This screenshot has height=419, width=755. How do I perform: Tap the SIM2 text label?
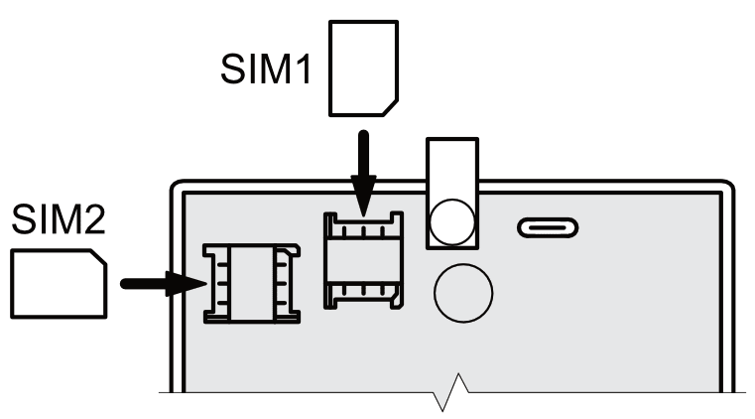pyautogui.click(x=57, y=220)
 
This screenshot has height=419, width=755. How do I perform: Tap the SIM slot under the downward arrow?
pyautogui.click(x=365, y=257)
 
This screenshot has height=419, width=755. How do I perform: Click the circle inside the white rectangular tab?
pyautogui.click(x=452, y=217)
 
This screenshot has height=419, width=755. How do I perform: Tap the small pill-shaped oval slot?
pyautogui.click(x=549, y=229)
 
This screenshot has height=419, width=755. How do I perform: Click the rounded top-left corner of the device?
pyautogui.click(x=179, y=189)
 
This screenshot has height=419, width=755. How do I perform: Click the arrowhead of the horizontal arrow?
pyautogui.click(x=189, y=284)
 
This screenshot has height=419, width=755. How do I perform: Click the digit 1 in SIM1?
pyautogui.click(x=309, y=71)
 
